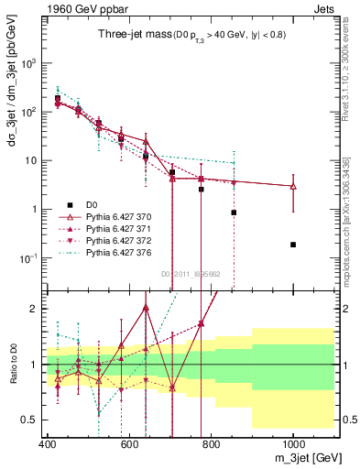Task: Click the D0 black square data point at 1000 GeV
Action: click(x=293, y=245)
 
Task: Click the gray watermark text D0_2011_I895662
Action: click(x=191, y=273)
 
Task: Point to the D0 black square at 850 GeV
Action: click(x=235, y=213)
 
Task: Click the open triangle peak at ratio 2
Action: click(x=146, y=308)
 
